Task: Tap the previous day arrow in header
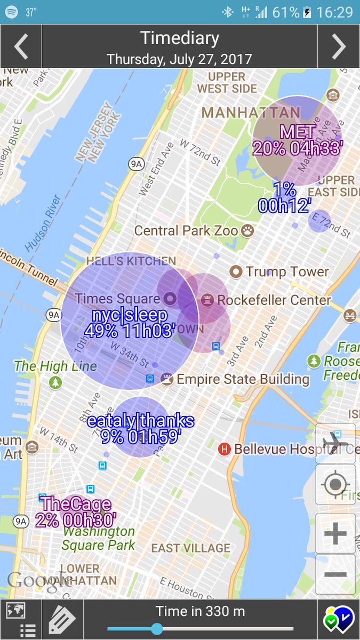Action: coord(21,47)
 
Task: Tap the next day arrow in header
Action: coord(339,47)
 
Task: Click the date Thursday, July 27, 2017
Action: coord(179,59)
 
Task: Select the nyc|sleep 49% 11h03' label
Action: coord(130,323)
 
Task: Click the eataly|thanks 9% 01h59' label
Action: coord(141,428)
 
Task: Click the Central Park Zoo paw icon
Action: coord(247,230)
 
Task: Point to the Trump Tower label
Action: coord(287,271)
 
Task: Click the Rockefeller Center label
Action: coord(274,300)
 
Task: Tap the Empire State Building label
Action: coord(243,379)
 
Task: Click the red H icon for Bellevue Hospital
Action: coord(225,449)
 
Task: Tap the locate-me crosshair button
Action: coord(335,485)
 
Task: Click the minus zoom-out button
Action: coord(335,574)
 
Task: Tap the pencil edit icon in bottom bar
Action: coord(62,619)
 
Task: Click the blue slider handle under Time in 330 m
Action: coord(157,629)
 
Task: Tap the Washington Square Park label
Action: coord(98,539)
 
